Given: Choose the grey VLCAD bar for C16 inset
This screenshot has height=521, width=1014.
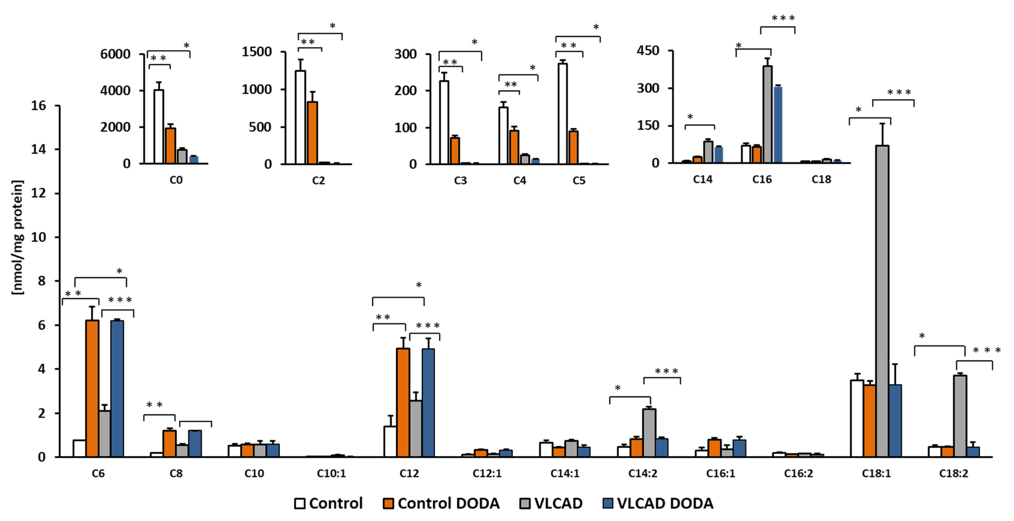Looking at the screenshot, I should coord(767,114).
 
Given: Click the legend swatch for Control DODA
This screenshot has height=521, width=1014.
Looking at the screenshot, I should coord(388,503).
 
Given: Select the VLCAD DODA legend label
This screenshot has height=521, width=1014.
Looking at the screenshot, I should coord(665,503).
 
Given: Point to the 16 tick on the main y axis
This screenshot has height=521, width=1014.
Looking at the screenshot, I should coord(39,106).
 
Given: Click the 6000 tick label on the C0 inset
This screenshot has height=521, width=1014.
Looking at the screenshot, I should coord(115,54).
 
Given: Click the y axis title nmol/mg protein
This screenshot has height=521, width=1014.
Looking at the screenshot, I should coord(18,237).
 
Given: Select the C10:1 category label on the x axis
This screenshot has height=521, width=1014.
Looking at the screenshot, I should coord(331,473).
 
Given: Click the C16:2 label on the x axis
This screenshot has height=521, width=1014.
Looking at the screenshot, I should coord(798,473).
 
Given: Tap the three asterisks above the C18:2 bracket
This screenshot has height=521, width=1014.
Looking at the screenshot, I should coord(987,350).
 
